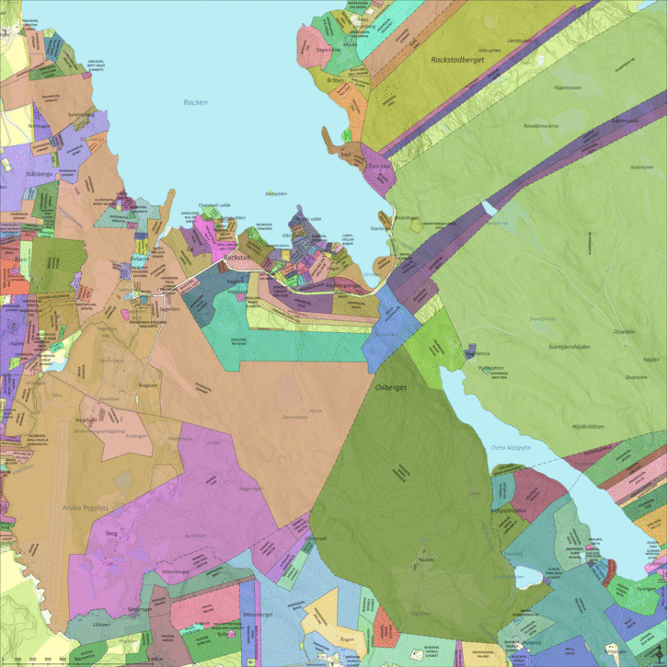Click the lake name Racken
click(x=196, y=102)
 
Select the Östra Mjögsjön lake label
click(x=508, y=448)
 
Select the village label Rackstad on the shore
click(x=237, y=259)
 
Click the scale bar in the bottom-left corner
click(x=37, y=659)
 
